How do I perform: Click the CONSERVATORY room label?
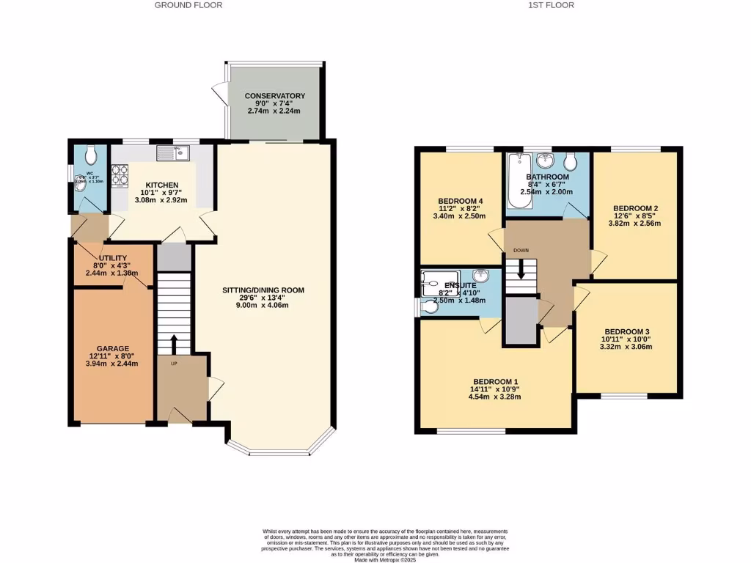click(275, 96)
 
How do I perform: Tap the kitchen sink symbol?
click(174, 153)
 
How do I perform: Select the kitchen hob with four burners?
click(119, 176)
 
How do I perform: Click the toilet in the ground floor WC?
click(90, 155)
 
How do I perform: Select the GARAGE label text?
click(113, 349)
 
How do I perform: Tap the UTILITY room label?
click(113, 258)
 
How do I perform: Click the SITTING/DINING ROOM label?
click(263, 290)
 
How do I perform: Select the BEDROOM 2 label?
click(636, 208)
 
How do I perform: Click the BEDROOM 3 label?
click(626, 331)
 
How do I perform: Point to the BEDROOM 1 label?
click(495, 381)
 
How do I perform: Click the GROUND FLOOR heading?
click(188, 5)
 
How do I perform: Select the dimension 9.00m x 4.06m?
click(263, 306)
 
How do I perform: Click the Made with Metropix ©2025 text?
click(385, 560)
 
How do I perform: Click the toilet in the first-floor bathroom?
click(572, 161)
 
